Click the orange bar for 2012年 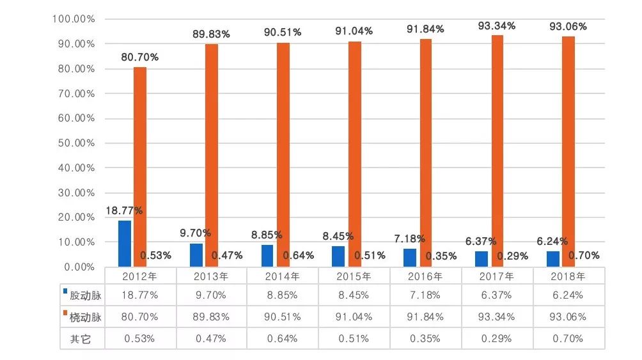pyautogui.click(x=140, y=166)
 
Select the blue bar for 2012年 pyautogui.click(x=125, y=244)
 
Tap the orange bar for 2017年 pyautogui.click(x=497, y=151)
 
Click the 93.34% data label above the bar pyautogui.click(x=497, y=26)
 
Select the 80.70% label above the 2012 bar pyautogui.click(x=140, y=58)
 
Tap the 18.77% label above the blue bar pyautogui.click(x=124, y=210)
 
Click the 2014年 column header pyautogui.click(x=282, y=277)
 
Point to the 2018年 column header pyautogui.click(x=568, y=277)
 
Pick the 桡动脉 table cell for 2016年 pyautogui.click(x=425, y=318)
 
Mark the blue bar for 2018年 pyautogui.click(x=552, y=259)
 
